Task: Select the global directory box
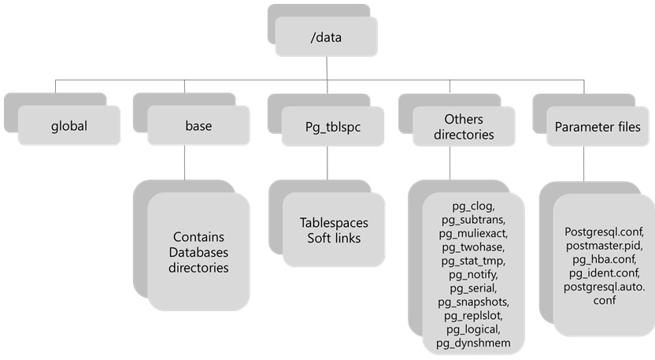tap(69, 125)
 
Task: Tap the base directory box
tap(198, 125)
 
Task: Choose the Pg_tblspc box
tap(333, 125)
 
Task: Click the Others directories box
tap(463, 126)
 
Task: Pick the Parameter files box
tap(598, 126)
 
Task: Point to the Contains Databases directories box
tap(198, 252)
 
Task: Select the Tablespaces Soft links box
tap(333, 230)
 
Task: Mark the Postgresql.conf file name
tap(605, 232)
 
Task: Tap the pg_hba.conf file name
tap(605, 259)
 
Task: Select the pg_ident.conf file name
tap(605, 273)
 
